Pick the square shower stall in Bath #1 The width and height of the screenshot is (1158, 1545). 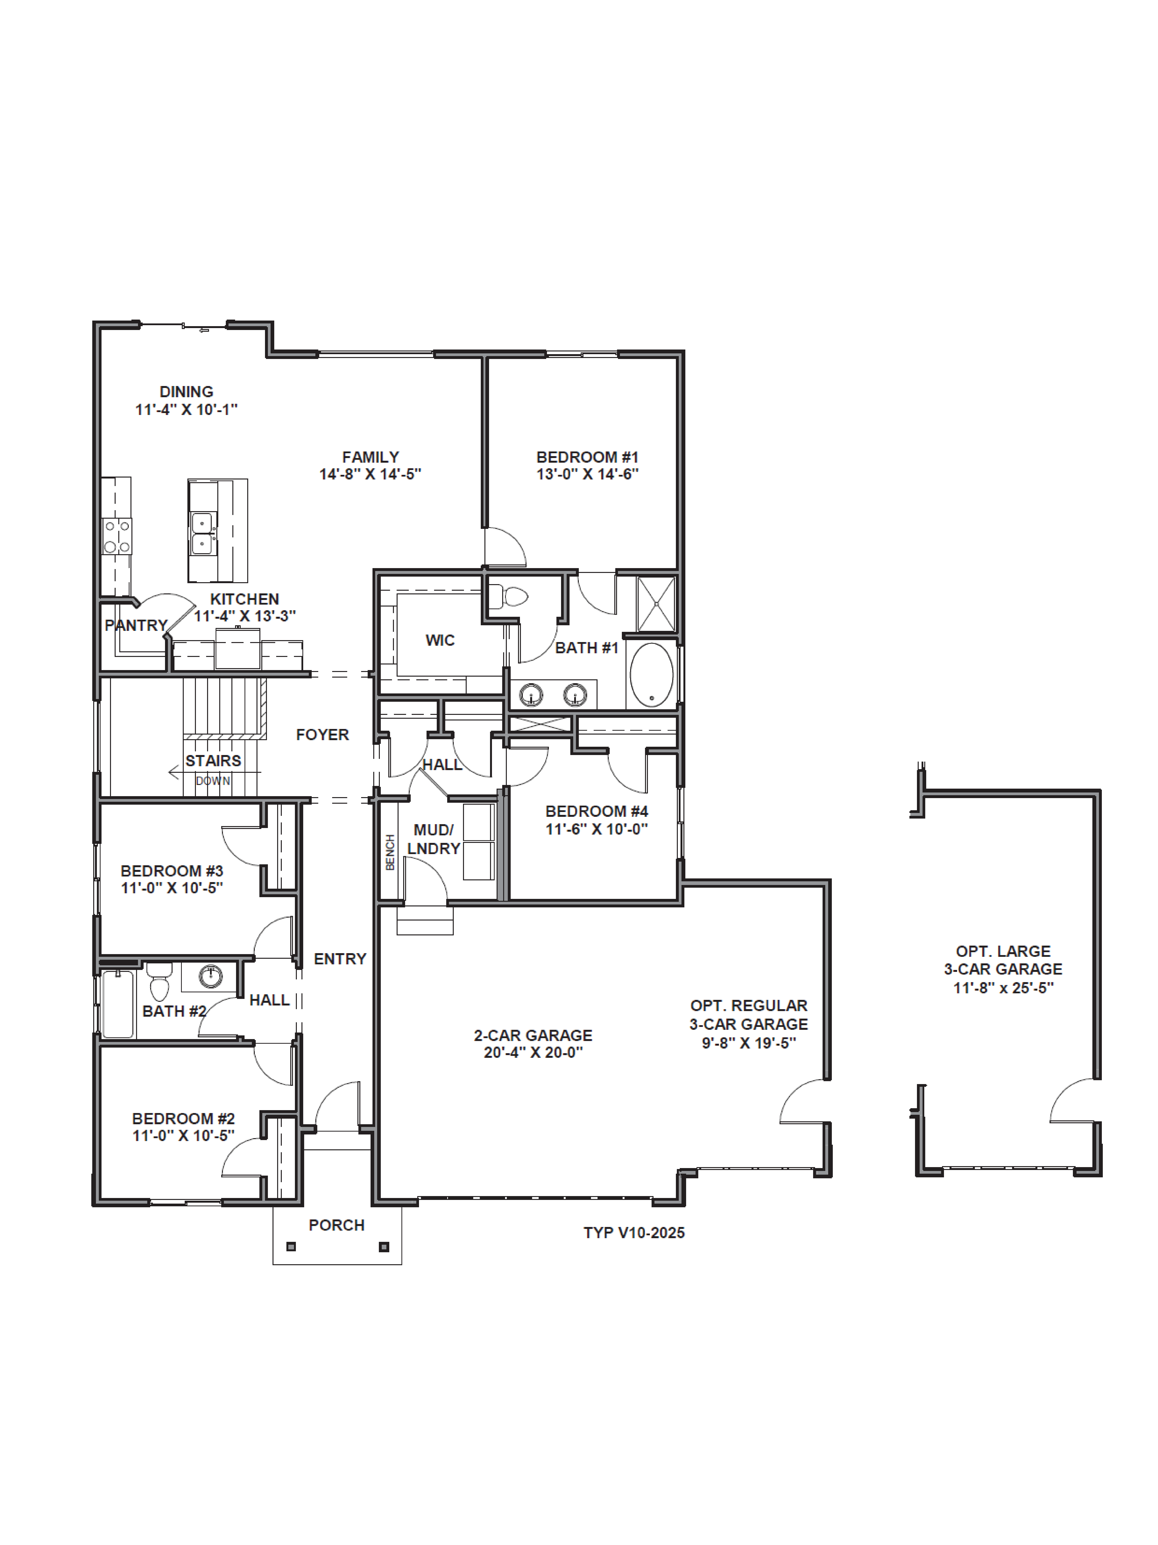point(656,603)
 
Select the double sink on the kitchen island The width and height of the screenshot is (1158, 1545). point(202,534)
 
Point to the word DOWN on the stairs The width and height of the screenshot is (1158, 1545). point(213,781)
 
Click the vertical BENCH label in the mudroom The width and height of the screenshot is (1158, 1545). point(390,852)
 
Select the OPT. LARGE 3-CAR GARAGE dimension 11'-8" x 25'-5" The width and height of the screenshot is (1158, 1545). point(1003,988)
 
